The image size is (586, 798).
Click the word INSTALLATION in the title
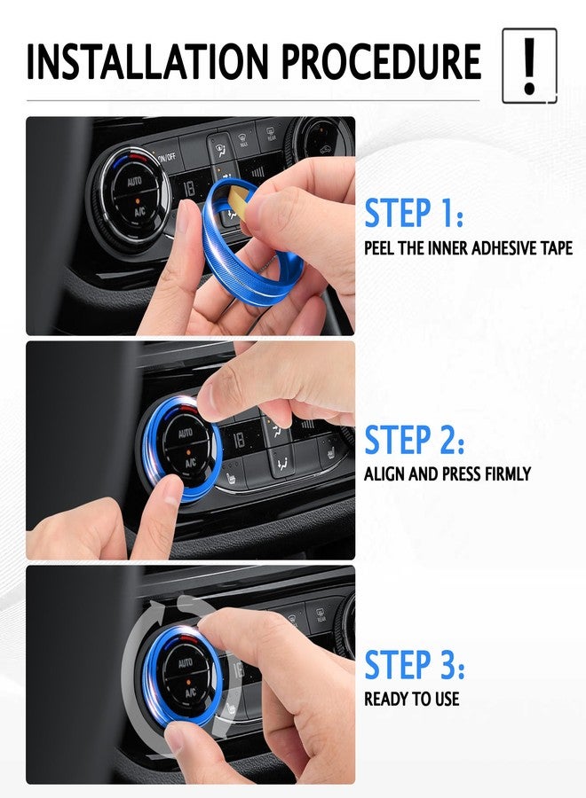(147, 61)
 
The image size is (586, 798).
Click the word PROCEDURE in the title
(381, 61)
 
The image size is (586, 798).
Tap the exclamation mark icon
(529, 66)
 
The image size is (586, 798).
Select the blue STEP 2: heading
(415, 440)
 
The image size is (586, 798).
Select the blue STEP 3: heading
(415, 665)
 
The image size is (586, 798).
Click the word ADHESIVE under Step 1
(499, 248)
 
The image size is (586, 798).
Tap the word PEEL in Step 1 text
(379, 248)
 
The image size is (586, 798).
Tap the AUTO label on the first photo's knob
(134, 182)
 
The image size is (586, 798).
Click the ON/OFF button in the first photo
(166, 157)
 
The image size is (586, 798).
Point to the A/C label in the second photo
(190, 463)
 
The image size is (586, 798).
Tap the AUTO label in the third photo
(186, 662)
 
